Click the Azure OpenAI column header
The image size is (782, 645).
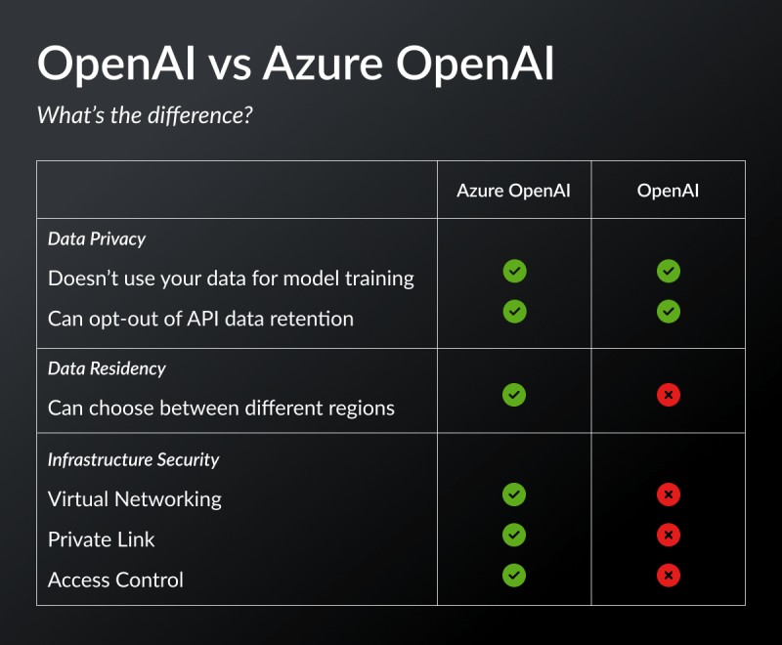tap(513, 191)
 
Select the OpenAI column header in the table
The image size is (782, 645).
tap(668, 191)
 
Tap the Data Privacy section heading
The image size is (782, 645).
tap(97, 238)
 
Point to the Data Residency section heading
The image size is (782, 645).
tap(107, 368)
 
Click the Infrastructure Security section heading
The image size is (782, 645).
tap(133, 459)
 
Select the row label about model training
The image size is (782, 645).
tap(231, 279)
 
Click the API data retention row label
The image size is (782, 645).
tap(200, 319)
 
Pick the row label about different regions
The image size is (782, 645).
tap(221, 408)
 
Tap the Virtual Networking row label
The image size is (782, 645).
tap(135, 499)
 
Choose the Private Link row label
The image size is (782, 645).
tap(102, 539)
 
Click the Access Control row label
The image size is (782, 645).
tap(115, 580)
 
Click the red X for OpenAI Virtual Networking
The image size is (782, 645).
tap(669, 495)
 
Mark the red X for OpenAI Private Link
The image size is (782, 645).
tap(669, 536)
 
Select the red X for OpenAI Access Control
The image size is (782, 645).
tap(669, 576)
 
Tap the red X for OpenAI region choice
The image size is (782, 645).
tap(669, 395)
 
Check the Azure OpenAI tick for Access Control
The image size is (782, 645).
tap(514, 576)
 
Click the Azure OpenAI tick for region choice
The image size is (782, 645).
tap(514, 395)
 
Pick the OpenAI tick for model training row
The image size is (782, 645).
tap(669, 271)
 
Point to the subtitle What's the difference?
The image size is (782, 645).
tap(145, 114)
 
